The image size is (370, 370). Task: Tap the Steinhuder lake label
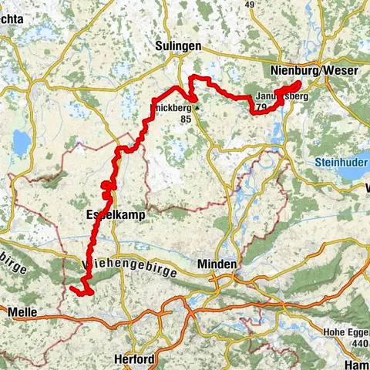coord(342,163)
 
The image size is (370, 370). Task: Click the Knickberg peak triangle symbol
coord(197,109)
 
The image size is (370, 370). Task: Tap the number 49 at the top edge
coord(249,4)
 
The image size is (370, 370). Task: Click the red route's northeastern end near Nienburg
coord(299,82)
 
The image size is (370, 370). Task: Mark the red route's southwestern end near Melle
coord(71,288)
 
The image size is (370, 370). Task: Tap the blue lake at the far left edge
coord(21,141)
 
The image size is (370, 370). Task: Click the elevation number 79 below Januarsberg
coord(261,107)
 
